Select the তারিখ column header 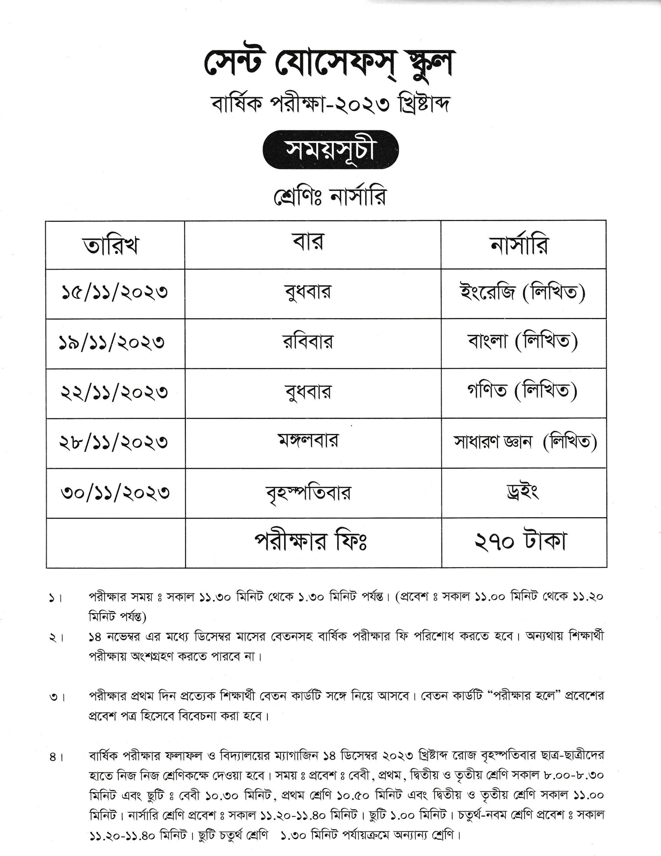[x=111, y=246]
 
